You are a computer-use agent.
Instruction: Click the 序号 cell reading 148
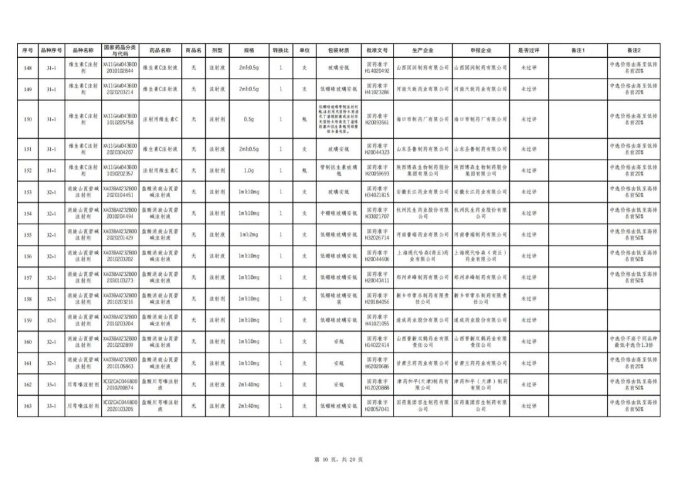28,68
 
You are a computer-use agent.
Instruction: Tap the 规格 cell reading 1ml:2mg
249,235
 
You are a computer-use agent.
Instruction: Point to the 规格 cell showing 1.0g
249,171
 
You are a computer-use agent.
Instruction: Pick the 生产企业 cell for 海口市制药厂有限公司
422,119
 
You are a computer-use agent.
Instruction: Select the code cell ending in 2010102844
120,68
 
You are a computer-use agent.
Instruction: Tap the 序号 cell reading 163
28,406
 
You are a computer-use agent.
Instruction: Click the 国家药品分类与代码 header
120,50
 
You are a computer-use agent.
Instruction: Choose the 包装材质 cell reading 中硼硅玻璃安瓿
338,214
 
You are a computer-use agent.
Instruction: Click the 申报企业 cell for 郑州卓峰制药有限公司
480,278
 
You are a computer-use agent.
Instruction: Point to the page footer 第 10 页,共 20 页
338,460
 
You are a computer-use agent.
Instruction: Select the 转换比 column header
281,50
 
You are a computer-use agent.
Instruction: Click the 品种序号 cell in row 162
51,385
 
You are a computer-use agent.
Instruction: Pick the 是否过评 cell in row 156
529,256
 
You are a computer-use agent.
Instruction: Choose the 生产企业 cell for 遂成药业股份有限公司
422,320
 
